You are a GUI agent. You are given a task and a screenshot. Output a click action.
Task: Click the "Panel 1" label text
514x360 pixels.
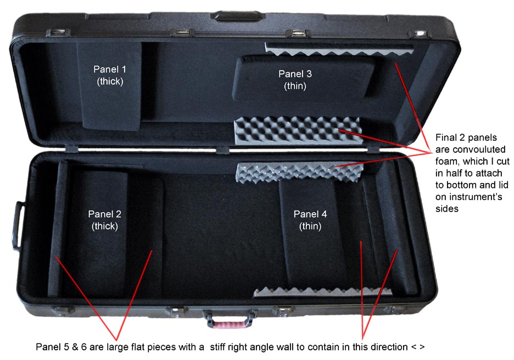click(x=109, y=69)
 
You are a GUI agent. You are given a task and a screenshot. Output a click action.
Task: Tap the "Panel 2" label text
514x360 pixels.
click(x=104, y=214)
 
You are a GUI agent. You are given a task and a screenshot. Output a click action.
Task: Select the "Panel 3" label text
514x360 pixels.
click(x=295, y=74)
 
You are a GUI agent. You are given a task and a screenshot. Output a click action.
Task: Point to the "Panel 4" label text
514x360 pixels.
click(x=310, y=214)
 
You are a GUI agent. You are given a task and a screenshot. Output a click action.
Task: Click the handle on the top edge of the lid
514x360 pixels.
click(x=237, y=15)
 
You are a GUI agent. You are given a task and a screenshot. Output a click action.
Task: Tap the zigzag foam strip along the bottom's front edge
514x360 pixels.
click(x=323, y=291)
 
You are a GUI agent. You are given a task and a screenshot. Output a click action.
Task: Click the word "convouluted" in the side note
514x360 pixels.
click(x=470, y=149)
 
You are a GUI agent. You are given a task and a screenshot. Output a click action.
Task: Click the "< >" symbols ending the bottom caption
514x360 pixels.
click(x=418, y=347)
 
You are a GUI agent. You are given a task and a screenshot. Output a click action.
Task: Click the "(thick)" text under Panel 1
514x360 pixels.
click(x=110, y=81)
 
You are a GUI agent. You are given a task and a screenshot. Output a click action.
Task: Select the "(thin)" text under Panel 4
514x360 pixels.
click(x=310, y=226)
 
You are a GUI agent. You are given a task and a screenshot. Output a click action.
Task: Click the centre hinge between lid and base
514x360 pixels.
click(x=222, y=149)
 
